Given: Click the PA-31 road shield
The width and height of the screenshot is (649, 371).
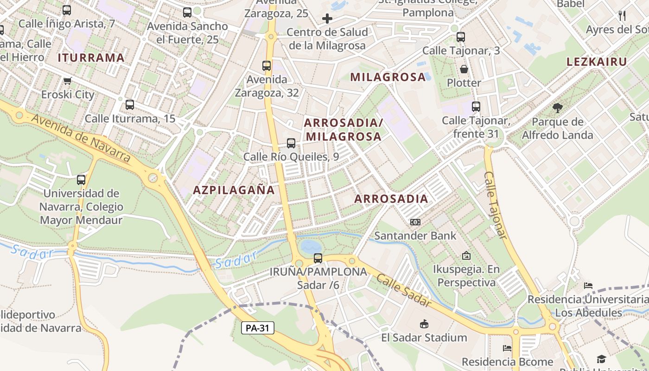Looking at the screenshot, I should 258,328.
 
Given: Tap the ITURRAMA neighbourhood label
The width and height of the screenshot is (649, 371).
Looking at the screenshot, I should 91,58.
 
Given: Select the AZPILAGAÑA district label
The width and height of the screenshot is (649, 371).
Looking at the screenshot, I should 234,190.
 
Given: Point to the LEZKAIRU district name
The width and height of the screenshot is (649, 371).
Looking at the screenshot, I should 597,62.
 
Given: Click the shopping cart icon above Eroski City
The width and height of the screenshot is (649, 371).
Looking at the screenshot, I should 67,81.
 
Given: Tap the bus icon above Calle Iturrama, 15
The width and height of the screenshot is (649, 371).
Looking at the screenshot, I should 130,105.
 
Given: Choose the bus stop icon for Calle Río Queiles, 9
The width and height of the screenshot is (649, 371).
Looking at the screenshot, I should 291,143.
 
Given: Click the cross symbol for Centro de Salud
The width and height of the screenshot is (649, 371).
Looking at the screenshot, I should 327,19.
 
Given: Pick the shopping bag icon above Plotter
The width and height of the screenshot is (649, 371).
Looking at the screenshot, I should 464,70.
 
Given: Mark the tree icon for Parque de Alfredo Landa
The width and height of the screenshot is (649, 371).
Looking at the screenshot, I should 557,108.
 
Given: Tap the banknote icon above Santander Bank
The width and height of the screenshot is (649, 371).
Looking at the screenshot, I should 415,222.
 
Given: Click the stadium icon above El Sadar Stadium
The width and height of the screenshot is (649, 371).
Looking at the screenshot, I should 424,324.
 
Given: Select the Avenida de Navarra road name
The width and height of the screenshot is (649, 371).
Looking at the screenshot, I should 81,138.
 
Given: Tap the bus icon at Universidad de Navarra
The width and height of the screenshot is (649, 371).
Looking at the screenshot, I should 81,179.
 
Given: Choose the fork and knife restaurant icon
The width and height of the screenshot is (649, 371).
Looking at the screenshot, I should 622,16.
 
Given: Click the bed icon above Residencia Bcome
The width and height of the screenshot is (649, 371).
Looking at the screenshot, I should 507,348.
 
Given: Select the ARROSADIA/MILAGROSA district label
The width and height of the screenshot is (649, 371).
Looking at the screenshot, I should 343,130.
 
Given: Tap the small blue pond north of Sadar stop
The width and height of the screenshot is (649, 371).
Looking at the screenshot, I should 310,246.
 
